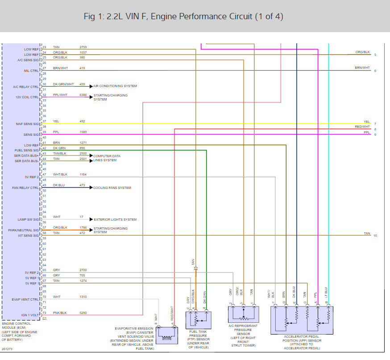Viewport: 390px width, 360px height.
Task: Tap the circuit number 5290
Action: pos(83,313)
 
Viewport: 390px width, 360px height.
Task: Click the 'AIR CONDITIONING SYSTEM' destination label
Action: pos(115,86)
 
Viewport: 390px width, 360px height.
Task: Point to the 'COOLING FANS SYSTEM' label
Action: pos(112,188)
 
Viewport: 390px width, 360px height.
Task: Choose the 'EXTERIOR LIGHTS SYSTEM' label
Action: pos(115,219)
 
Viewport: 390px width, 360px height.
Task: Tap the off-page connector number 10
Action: pos(375,235)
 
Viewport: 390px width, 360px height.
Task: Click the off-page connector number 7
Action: pos(375,124)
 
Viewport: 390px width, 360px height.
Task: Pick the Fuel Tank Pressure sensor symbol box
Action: pos(198,320)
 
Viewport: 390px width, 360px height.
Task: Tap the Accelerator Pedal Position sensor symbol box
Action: pos(302,320)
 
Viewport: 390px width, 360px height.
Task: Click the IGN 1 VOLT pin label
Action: pos(30,315)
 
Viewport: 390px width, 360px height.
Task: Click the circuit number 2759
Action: pos(83,47)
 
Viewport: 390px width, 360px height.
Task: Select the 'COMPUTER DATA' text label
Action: pos(107,156)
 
